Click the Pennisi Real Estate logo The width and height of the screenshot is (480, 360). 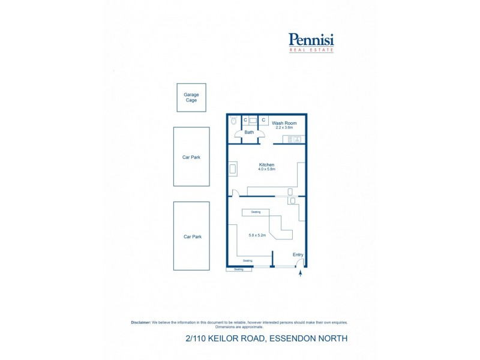point(311,43)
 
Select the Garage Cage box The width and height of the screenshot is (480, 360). point(191,97)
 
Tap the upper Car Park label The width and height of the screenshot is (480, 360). point(191,157)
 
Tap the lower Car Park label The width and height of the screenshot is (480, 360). point(192,237)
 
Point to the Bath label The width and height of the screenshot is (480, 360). point(249,132)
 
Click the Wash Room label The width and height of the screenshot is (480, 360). point(284,123)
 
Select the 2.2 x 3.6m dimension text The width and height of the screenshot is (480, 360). point(284,128)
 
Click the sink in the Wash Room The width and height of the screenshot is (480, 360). point(294,140)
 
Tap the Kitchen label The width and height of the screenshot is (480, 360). point(266,164)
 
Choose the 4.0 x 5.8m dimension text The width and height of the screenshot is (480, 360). point(266,169)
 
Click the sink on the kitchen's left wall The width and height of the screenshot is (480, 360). point(233,169)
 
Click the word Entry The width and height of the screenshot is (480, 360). point(298,255)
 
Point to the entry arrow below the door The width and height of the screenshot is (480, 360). point(300,275)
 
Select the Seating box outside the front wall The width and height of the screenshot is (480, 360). point(239,269)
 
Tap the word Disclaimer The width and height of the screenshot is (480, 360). point(140,322)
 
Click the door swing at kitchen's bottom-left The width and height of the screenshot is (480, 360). point(236,193)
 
